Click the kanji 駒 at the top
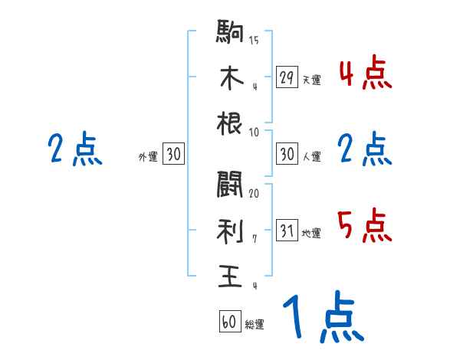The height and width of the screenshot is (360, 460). pos(229,34)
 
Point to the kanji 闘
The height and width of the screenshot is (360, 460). pos(229,185)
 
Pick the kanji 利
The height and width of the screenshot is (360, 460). pos(229,231)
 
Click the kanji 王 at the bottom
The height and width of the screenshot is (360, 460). pos(229,274)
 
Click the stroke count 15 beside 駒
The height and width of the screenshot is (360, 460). pos(254,40)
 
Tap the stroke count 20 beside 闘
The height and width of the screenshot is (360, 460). pos(254,194)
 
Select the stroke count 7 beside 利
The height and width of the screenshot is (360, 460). pos(254,239)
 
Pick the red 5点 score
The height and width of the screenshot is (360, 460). pos(365,226)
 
